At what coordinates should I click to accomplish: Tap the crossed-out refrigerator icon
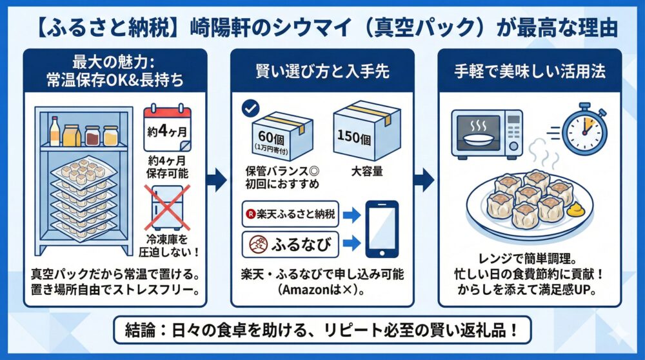pos(167,206)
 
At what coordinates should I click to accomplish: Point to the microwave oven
pos(486,132)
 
